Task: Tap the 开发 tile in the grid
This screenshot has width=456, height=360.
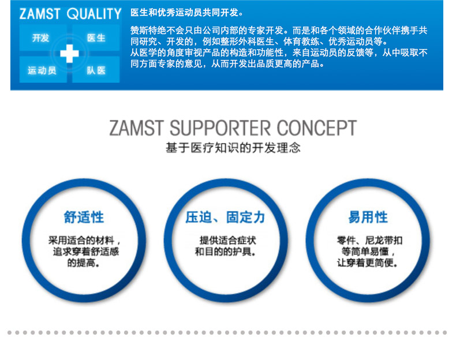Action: point(41,38)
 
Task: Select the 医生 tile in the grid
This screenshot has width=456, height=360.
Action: point(96,38)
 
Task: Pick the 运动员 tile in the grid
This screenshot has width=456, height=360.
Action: point(42,70)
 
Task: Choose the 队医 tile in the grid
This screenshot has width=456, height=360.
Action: point(96,70)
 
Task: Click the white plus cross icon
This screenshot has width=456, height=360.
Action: point(69,54)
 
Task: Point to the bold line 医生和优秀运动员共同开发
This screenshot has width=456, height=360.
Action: point(187,13)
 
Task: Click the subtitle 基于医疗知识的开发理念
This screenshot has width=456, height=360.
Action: point(233,148)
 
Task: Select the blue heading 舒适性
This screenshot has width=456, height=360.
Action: point(84,217)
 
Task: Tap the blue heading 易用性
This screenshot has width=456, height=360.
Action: point(368,217)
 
